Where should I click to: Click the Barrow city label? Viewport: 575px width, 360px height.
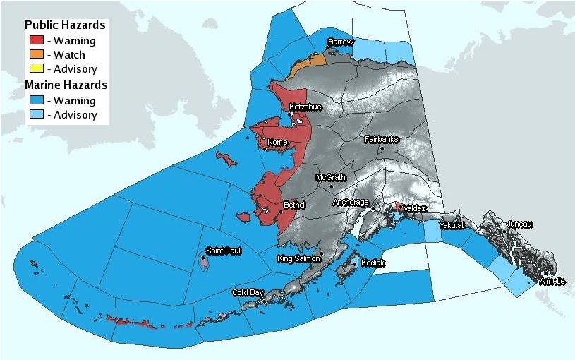(341, 42)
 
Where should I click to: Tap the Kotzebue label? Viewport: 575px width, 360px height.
(305, 107)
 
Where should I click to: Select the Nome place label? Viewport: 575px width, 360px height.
(277, 142)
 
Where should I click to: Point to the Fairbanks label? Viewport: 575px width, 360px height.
(381, 139)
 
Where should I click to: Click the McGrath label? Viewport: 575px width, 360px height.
(330, 177)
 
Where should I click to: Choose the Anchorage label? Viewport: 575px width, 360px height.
(351, 202)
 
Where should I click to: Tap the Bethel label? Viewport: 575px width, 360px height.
(293, 205)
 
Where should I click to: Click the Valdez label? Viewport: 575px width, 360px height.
(413, 208)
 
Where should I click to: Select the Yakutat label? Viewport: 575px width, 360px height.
(452, 225)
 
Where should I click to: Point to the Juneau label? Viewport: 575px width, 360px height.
(519, 224)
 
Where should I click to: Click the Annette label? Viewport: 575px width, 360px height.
(552, 281)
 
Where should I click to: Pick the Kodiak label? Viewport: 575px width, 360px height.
(373, 262)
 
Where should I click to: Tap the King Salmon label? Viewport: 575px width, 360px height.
(299, 258)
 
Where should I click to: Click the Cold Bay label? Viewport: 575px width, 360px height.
(248, 292)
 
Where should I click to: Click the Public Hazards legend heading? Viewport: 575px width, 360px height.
(65, 25)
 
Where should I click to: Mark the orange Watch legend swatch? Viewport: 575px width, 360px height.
(35, 55)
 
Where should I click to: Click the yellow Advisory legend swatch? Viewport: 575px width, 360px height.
(35, 69)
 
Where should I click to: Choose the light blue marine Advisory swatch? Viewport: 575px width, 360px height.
(35, 114)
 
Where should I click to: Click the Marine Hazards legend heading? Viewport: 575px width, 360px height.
(66, 85)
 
